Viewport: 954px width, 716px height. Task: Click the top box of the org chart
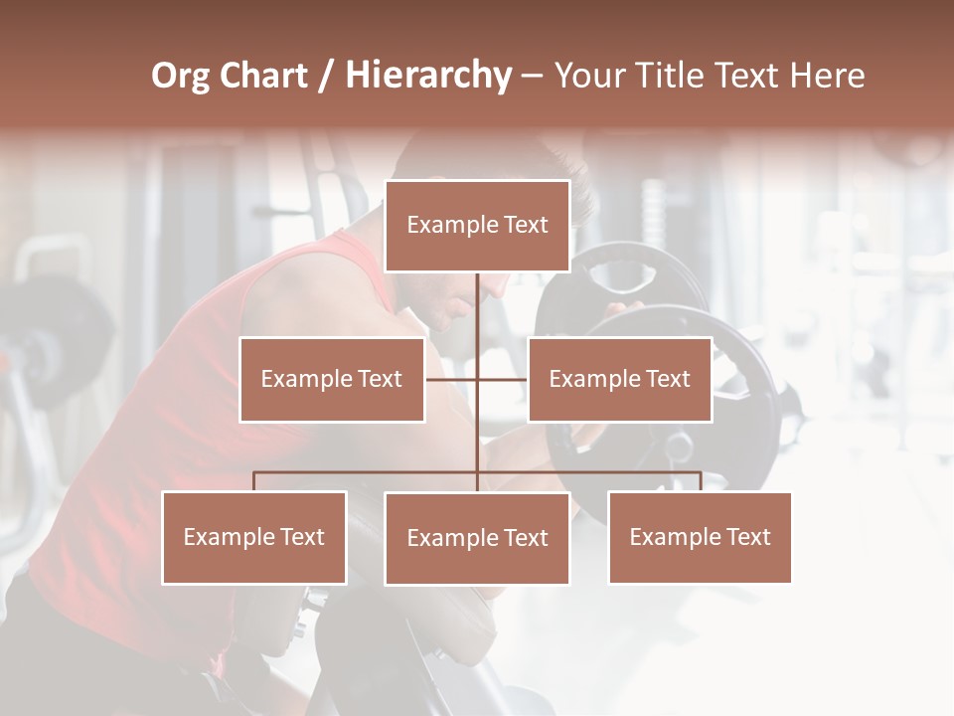pos(477,226)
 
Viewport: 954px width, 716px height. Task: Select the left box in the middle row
pos(332,380)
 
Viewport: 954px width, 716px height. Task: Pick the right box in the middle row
pos(619,380)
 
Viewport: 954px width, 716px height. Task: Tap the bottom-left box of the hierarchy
pos(254,537)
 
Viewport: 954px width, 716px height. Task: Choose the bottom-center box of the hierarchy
pos(477,538)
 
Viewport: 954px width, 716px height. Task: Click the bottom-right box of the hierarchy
pos(700,537)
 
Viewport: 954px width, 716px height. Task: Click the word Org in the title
pos(180,76)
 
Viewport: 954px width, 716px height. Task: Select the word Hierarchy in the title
pos(427,76)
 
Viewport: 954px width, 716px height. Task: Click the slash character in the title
pos(326,76)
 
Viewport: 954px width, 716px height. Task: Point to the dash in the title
pos(532,76)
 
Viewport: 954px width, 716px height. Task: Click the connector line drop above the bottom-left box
pos(254,481)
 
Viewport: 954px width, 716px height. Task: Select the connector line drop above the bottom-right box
pos(700,481)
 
